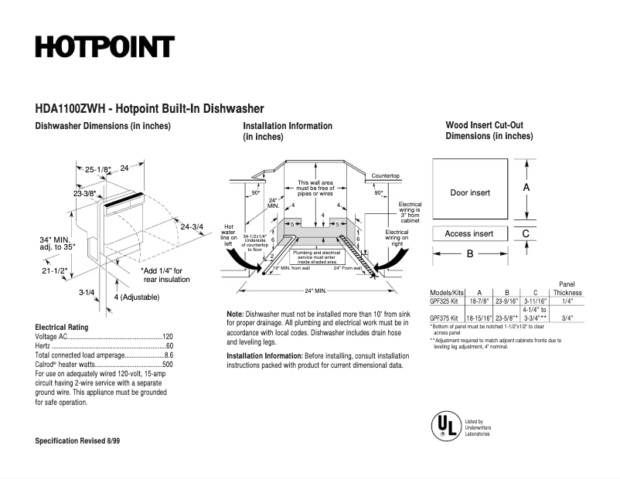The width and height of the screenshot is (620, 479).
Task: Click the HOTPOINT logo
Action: pos(104,46)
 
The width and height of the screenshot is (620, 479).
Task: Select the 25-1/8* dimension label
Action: pos(98,168)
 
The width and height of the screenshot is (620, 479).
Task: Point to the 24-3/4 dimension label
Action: pos(192,226)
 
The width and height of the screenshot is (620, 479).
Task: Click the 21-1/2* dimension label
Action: pos(55,271)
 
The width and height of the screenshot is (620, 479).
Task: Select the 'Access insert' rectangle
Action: pos(469,233)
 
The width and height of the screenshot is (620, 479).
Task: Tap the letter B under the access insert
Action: pos(469,253)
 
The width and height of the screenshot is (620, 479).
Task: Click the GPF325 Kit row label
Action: pos(446,301)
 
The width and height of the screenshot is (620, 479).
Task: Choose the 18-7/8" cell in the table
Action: pos(480,301)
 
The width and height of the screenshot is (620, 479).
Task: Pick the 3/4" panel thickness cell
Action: pos(567,318)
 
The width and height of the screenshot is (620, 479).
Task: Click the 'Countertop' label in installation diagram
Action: pos(385,176)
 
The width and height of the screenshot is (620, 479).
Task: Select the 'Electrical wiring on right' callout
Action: pos(397,238)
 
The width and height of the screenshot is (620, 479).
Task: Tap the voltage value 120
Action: pos(167,338)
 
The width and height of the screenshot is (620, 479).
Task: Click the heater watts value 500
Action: pos(167,364)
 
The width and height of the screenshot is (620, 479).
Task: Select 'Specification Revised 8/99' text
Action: pos(77,440)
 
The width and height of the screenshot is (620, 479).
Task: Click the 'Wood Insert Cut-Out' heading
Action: pos(485,125)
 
